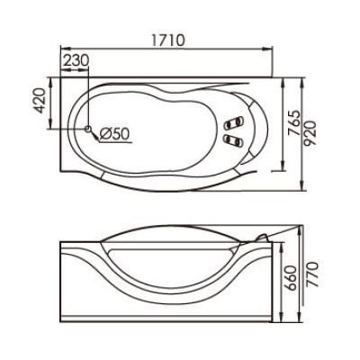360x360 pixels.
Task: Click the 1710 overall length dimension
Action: [164, 40]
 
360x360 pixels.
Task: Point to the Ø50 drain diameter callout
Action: [114, 133]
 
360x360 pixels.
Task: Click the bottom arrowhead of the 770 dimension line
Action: [300, 322]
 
